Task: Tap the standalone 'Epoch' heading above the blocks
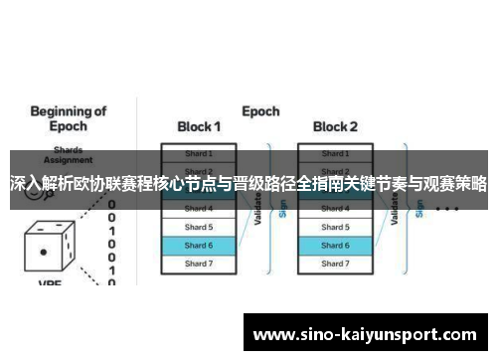point(260,110)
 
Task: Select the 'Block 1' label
point(199,127)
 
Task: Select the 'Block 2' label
point(335,127)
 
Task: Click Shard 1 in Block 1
point(199,153)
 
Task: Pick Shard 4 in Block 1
point(199,209)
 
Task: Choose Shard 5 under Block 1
point(199,227)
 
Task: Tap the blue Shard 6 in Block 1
point(199,245)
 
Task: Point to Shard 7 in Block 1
point(199,264)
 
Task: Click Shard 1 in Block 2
point(335,153)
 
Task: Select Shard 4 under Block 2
point(335,209)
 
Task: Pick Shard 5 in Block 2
point(335,227)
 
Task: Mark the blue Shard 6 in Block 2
point(335,245)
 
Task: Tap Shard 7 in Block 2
point(335,264)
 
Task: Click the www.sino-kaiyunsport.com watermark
point(365,332)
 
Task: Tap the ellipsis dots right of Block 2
point(446,210)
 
